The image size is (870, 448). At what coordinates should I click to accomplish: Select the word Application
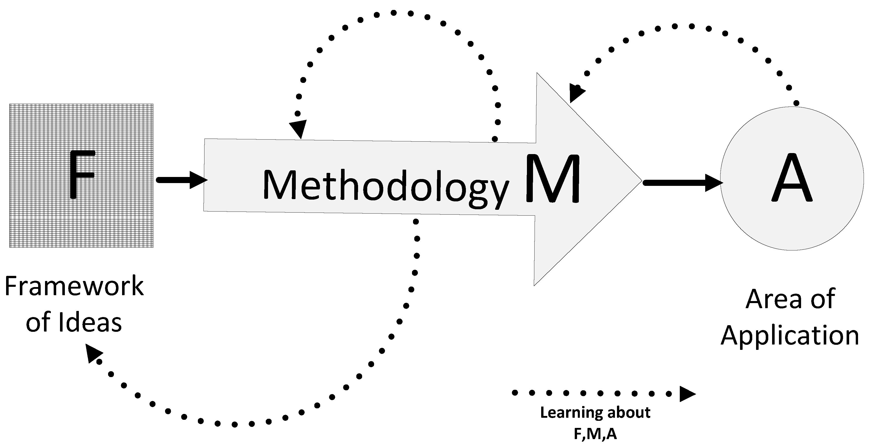tap(790, 336)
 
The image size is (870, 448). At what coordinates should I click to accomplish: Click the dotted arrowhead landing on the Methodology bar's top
tap(299, 129)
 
